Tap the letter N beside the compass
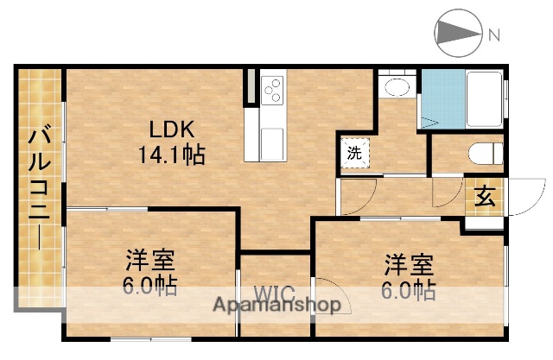(x=494, y=35)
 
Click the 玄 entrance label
(x=485, y=197)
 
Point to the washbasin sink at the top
(x=397, y=88)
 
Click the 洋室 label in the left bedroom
(x=150, y=260)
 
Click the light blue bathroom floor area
(x=442, y=100)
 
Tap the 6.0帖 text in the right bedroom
(x=408, y=290)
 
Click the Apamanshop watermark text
(x=276, y=305)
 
